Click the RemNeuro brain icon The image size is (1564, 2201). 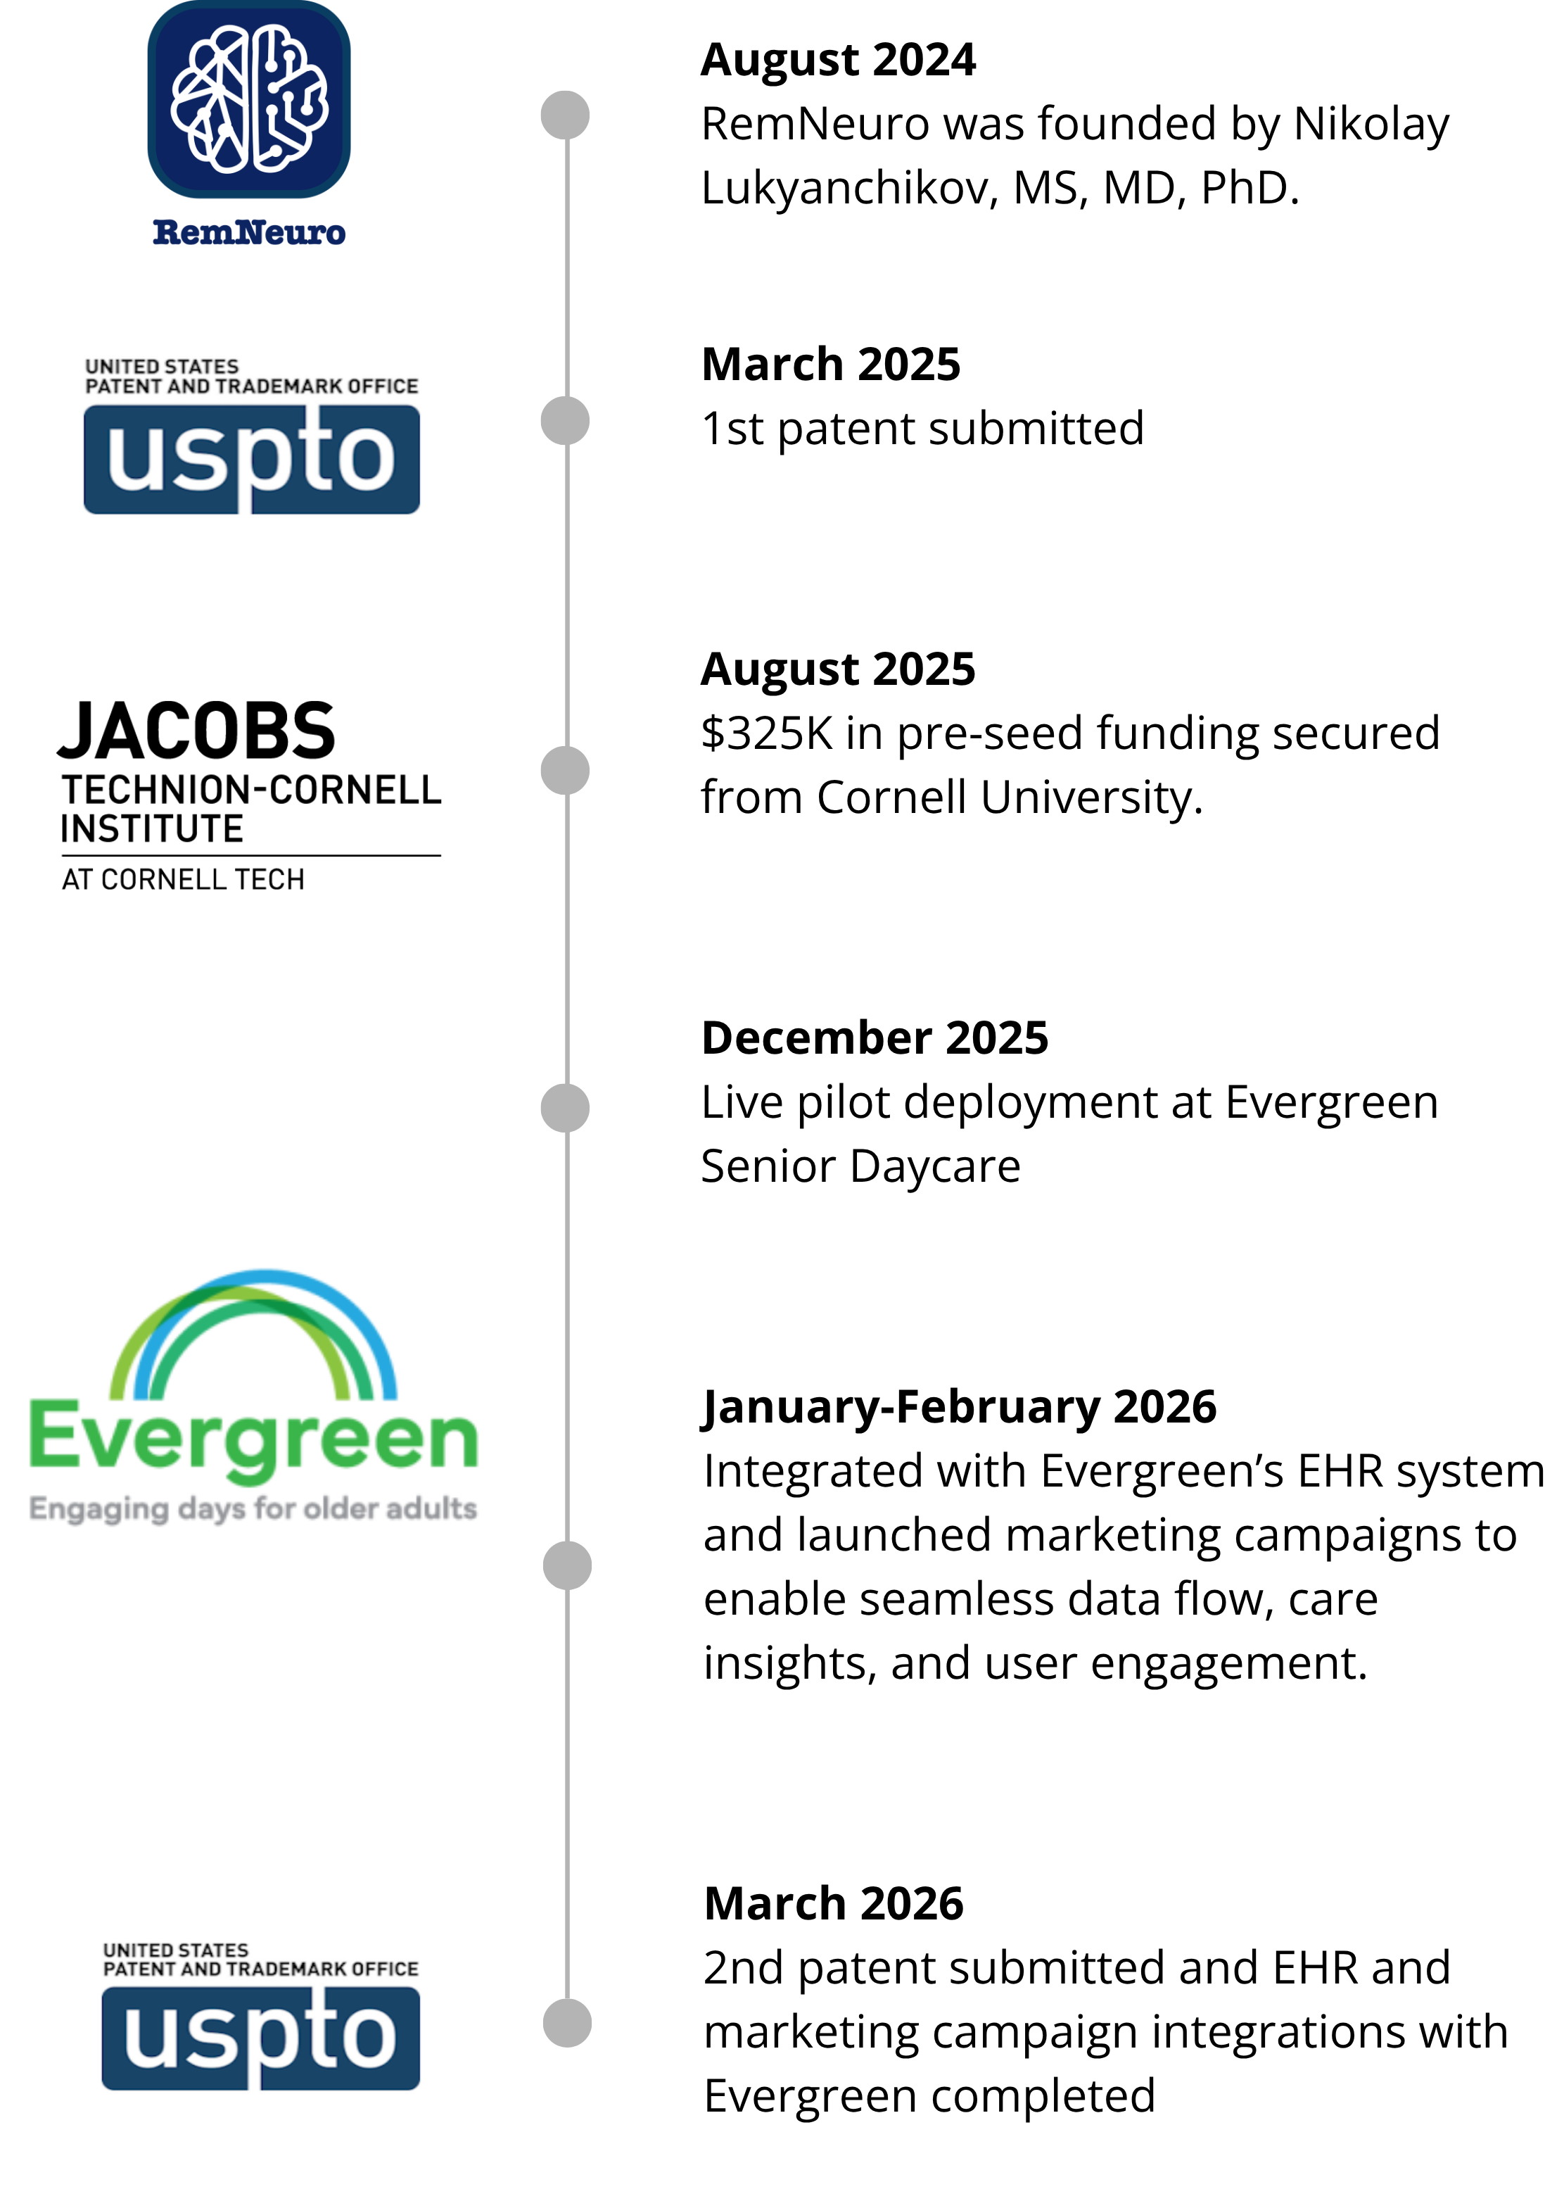[248, 99]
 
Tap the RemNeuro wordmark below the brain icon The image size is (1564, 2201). [248, 232]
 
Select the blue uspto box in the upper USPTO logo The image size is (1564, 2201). [251, 458]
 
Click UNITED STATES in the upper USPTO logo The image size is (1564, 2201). [162, 367]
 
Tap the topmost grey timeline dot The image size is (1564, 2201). [564, 113]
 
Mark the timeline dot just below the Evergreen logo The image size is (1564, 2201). [566, 1565]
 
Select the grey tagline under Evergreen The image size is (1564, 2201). [253, 1511]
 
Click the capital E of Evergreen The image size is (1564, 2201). [52, 1435]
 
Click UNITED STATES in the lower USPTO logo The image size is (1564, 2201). [175, 1950]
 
